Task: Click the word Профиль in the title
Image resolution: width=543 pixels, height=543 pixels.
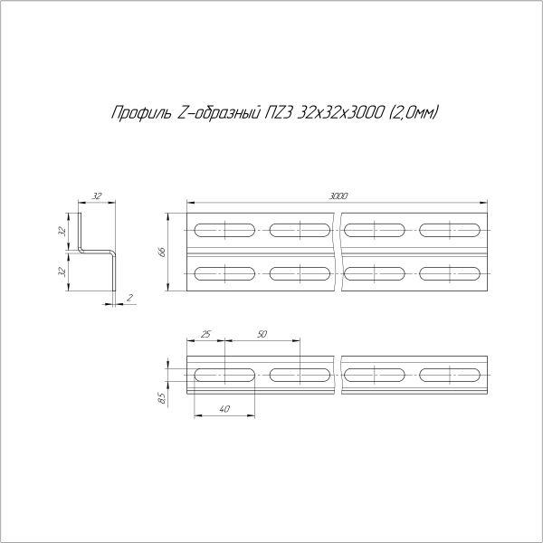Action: [x=134, y=113]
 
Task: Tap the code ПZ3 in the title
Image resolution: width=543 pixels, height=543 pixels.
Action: [x=279, y=113]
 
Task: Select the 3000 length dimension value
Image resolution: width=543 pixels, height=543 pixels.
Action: [x=339, y=195]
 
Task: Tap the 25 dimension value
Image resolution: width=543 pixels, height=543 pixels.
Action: [x=205, y=335]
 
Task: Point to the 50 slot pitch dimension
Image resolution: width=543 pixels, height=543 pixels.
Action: [x=262, y=335]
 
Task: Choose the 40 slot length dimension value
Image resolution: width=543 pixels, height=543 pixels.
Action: [x=224, y=409]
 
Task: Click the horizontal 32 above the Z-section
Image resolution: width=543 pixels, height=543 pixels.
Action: [x=98, y=195]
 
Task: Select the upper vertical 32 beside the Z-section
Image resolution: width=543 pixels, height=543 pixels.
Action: [x=62, y=231]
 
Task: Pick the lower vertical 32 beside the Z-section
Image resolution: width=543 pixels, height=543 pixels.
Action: [x=62, y=271]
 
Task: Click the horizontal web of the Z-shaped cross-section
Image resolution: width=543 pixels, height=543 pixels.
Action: [x=97, y=252]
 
